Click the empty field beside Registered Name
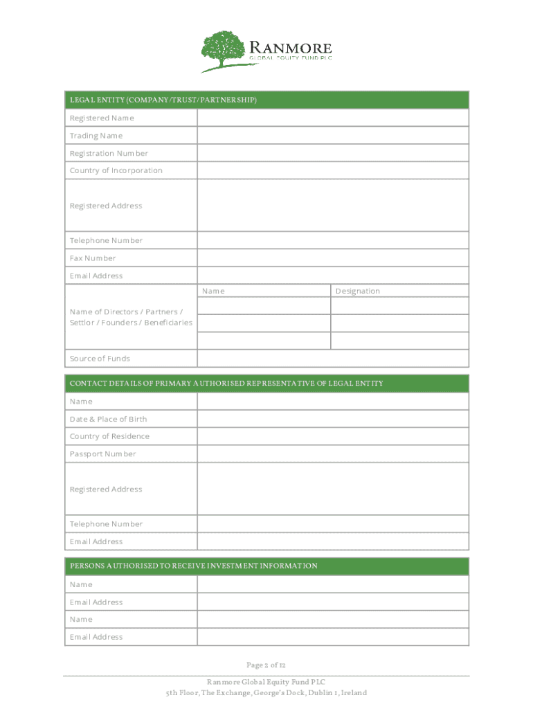coord(332,118)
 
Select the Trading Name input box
coord(332,136)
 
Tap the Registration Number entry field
coord(332,153)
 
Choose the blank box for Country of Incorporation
coord(332,170)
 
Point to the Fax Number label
coord(93,258)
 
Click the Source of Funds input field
coord(332,359)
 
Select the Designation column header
coord(358,291)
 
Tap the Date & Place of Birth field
coord(332,419)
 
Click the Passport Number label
coord(103,454)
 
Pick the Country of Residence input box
coord(332,436)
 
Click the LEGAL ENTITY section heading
coord(163,100)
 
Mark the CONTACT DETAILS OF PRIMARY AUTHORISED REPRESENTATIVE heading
coord(226,384)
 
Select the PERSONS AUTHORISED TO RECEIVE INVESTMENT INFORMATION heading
coord(194,566)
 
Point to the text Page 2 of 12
coord(266,665)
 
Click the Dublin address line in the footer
coord(266,693)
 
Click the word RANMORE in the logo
coord(290,48)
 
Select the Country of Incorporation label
coord(116,170)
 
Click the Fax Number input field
coord(332,258)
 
